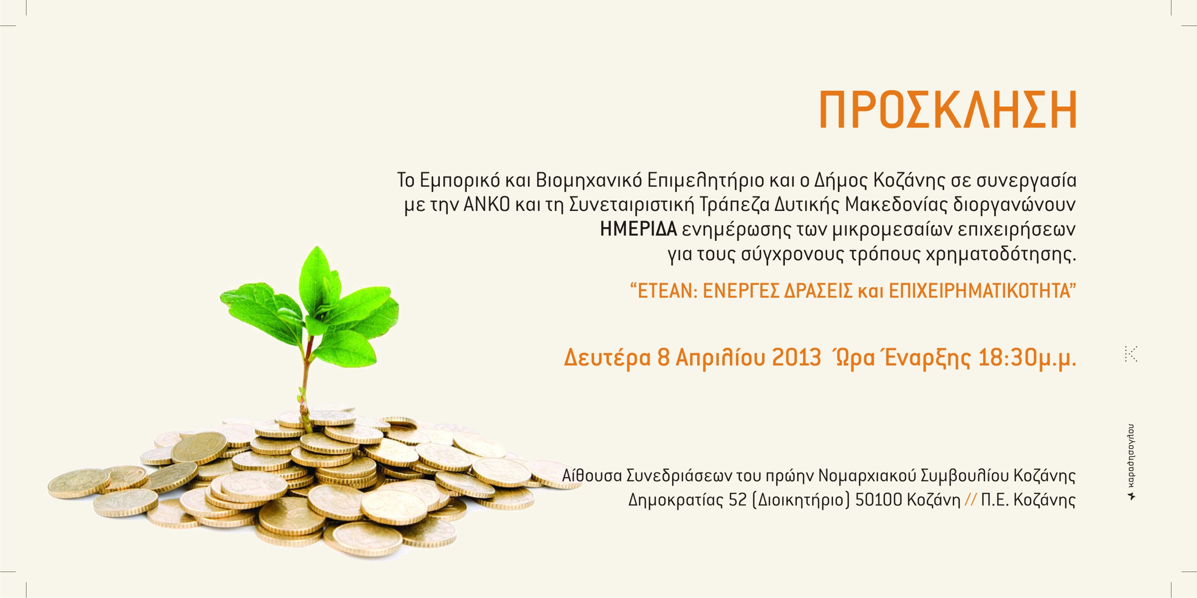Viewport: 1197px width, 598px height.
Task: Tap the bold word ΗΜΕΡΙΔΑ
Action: click(x=639, y=230)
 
